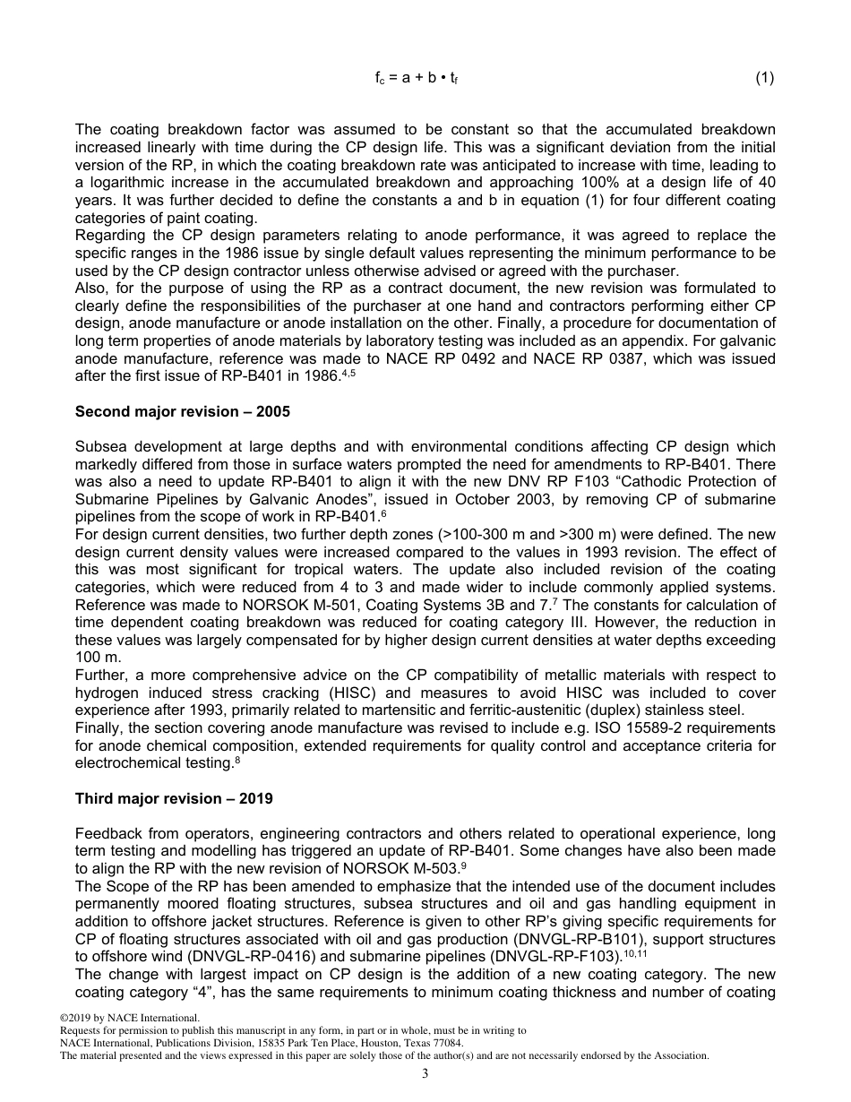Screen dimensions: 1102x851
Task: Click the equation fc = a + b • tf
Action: [417, 78]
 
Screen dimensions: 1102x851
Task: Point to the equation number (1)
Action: [764, 78]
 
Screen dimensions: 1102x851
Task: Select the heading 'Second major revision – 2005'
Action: [183, 412]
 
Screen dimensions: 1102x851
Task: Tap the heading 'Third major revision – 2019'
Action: [174, 798]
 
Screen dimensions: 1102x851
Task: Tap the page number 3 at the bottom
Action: [425, 1073]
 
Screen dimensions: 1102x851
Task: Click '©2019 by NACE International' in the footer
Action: [129, 1019]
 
